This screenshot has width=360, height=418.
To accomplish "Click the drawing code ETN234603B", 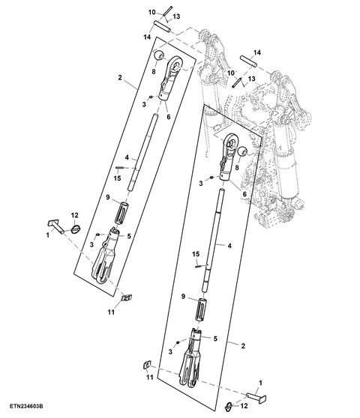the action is [x=26, y=406].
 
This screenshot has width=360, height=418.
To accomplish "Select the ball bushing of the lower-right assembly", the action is [x=242, y=151].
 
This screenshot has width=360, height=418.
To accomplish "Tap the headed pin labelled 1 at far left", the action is [x=56, y=226].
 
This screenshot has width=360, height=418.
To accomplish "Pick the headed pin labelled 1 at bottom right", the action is [x=256, y=397].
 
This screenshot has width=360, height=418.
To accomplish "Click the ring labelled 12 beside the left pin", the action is [x=76, y=229].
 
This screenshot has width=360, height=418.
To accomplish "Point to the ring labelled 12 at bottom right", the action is [x=229, y=406].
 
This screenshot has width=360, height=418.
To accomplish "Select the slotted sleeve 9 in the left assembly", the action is [x=121, y=213].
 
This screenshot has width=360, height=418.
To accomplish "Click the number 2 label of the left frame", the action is [x=120, y=78].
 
